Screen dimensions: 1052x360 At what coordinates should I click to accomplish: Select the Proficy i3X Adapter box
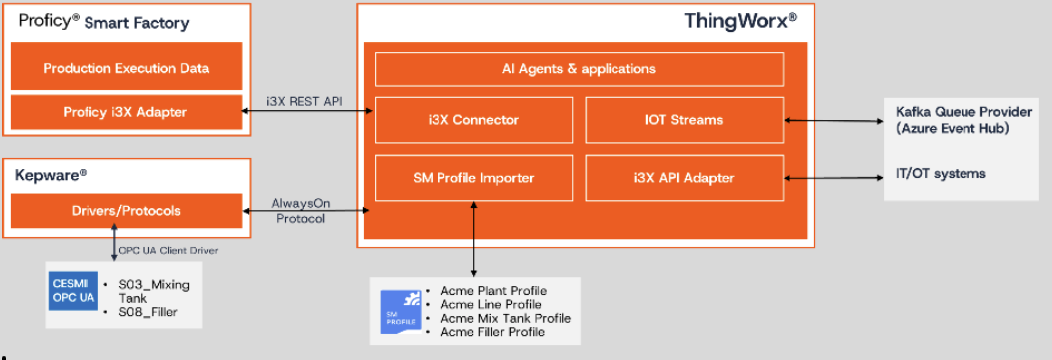126,112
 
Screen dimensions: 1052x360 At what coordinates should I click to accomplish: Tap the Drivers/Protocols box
126,210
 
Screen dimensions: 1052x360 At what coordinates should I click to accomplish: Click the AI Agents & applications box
579,69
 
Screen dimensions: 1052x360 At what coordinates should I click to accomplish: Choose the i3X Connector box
473,120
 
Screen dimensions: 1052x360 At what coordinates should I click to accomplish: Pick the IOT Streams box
684,120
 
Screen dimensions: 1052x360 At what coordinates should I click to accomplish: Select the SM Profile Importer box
473,178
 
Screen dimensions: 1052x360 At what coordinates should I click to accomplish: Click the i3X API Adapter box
684,178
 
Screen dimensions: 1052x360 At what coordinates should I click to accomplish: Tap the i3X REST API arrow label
304,102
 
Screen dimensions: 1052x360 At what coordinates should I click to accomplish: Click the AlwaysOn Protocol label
301,210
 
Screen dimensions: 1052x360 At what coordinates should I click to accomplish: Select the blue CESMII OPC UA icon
72,291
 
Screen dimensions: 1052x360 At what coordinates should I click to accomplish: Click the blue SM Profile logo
402,311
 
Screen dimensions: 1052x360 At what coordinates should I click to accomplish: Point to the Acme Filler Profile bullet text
493,332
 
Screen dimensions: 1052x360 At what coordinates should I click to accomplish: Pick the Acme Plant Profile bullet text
494,291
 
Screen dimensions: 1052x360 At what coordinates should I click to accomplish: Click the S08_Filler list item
148,311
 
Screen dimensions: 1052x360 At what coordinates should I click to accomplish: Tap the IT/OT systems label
942,173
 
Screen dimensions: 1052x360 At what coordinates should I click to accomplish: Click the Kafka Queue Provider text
964,112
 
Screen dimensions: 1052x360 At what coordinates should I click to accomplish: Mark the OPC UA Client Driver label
168,250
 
